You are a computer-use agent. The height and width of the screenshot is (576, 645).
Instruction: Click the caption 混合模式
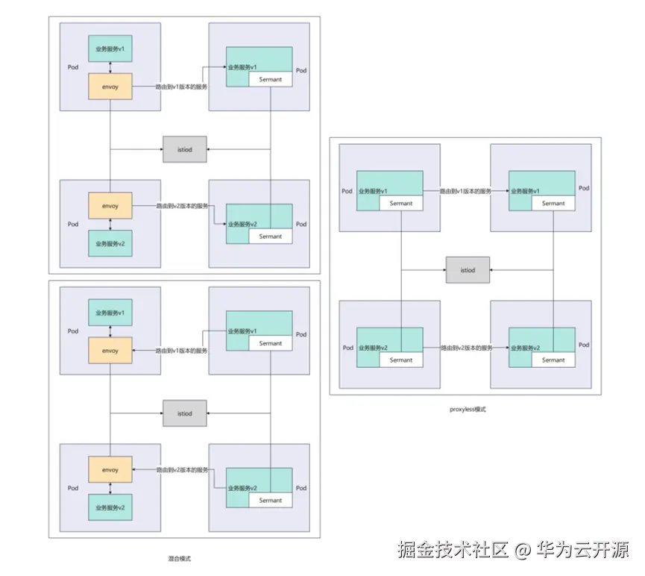pyautogui.click(x=179, y=558)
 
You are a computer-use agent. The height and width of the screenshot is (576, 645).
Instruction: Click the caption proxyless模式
pyautogui.click(x=468, y=410)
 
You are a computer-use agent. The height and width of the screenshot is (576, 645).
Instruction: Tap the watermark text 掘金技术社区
pyautogui.click(x=453, y=550)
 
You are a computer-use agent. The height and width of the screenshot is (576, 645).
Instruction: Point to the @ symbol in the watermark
pyautogui.click(x=522, y=551)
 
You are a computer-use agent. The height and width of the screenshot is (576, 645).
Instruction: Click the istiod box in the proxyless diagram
pyautogui.click(x=468, y=269)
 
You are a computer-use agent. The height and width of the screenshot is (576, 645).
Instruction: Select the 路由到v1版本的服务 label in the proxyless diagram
pyautogui.click(x=466, y=192)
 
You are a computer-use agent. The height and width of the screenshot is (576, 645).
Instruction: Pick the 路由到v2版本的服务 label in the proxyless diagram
pyautogui.click(x=466, y=348)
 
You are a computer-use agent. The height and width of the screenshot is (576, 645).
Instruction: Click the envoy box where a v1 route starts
pyautogui.click(x=110, y=87)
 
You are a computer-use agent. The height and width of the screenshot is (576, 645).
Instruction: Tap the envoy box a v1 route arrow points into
pyautogui.click(x=110, y=351)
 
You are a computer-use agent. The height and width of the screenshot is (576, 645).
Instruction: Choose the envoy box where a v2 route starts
pyautogui.click(x=110, y=205)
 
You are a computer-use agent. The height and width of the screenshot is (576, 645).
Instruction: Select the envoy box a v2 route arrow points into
pyautogui.click(x=110, y=470)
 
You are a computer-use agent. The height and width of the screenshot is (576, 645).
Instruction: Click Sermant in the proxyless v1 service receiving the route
pyautogui.click(x=553, y=203)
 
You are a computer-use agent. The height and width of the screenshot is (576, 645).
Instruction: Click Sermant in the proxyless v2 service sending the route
pyautogui.click(x=400, y=360)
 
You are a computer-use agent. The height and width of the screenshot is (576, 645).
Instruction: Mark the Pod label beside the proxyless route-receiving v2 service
pyautogui.click(x=584, y=345)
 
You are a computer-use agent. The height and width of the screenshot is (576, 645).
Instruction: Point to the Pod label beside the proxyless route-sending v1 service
pyautogui.click(x=347, y=191)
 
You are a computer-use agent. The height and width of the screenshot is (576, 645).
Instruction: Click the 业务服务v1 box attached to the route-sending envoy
pyautogui.click(x=110, y=49)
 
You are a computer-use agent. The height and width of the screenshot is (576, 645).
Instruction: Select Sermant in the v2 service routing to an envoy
pyautogui.click(x=270, y=501)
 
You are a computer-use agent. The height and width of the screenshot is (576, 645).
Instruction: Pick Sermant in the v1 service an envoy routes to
pyautogui.click(x=270, y=79)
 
